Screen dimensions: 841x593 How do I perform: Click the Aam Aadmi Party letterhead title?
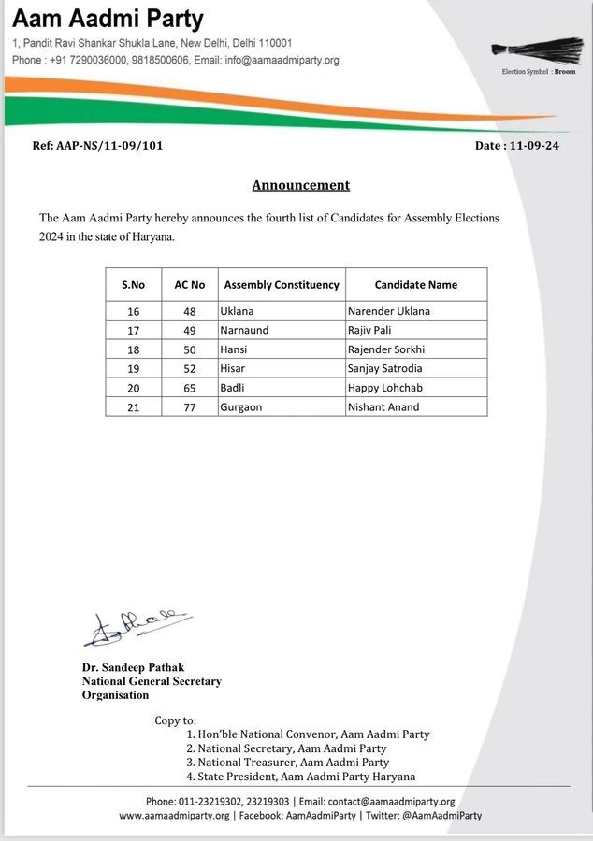pos(108,19)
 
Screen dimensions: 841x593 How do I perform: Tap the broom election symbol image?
pos(537,52)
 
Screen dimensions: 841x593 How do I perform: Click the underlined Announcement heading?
pos(300,185)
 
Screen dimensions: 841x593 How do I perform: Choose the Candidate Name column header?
pos(416,284)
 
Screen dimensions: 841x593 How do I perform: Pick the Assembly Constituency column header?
pos(282,284)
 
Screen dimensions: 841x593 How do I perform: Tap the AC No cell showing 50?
pos(182,349)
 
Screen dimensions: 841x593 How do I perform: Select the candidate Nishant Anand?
pos(384,406)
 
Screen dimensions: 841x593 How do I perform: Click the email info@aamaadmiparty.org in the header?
pos(286,61)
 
